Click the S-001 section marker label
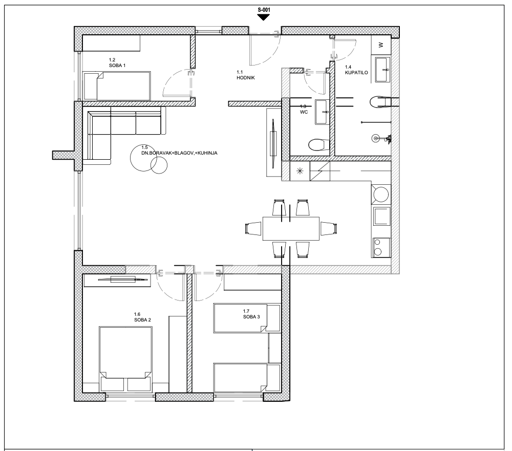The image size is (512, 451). click(264, 10)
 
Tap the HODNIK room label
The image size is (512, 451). click(246, 78)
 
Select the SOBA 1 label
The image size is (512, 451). click(117, 66)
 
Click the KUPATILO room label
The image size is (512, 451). click(356, 73)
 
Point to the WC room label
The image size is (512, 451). click(304, 112)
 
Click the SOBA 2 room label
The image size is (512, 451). click(143, 320)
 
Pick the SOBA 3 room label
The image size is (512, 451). click(251, 316)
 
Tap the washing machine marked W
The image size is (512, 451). click(381, 45)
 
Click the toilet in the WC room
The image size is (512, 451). click(319, 145)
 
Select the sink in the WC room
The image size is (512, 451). click(322, 112)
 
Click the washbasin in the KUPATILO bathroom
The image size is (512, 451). click(382, 69)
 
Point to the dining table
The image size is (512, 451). click(291, 228)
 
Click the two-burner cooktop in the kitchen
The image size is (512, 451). click(381, 247)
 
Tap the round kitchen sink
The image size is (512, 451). click(381, 195)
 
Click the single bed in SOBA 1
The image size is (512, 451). click(117, 86)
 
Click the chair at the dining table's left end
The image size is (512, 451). click(253, 228)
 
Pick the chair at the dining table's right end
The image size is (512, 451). click(329, 228)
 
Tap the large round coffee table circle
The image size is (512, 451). click(143, 158)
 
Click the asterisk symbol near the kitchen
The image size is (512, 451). click(300, 171)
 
